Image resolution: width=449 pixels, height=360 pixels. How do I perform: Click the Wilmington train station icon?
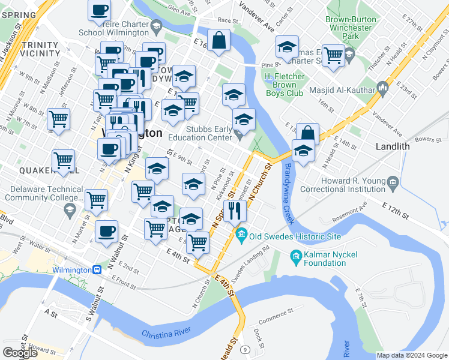pyautogui.click(x=96, y=270)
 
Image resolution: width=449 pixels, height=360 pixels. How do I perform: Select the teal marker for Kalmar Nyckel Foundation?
pyautogui.click(x=295, y=258)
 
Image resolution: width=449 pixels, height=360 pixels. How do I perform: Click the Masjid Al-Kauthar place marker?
pyautogui.click(x=382, y=91)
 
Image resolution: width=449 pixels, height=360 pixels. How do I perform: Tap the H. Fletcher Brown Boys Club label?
pyautogui.click(x=285, y=85)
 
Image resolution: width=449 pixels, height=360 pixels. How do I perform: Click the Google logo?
pyautogui.click(x=20, y=353)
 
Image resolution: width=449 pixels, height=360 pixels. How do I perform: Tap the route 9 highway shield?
pyautogui.click(x=245, y=349)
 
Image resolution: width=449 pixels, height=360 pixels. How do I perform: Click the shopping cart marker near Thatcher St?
pyautogui.click(x=333, y=55)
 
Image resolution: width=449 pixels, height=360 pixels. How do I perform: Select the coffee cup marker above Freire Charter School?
pyautogui.click(x=99, y=9)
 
